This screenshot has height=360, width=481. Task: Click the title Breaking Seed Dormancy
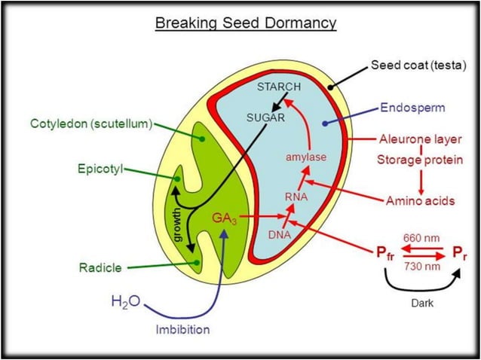(245, 23)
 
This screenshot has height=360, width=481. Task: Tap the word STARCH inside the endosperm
(279, 87)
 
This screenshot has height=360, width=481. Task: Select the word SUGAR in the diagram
(266, 118)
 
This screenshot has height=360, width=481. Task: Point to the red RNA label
(296, 197)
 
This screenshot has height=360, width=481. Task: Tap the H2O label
(124, 302)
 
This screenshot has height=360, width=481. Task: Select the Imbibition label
(183, 329)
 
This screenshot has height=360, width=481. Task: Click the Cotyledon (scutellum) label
(93, 123)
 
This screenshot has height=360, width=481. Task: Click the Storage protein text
(422, 159)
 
